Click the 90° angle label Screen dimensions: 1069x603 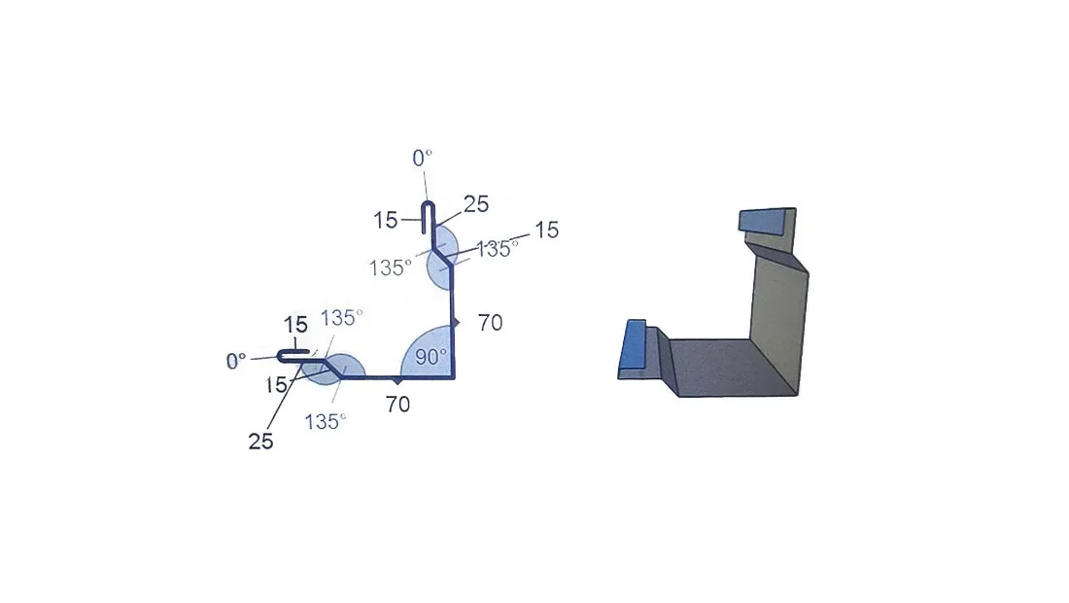[431, 357]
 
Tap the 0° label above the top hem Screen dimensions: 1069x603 [422, 159]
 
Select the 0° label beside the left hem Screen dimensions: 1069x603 [236, 361]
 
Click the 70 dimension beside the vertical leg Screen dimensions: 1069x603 [490, 322]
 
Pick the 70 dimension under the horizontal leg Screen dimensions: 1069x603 [397, 405]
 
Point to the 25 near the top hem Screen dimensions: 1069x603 [476, 204]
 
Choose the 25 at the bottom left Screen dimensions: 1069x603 [260, 442]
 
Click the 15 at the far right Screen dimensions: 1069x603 [546, 230]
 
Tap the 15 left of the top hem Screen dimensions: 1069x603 [385, 220]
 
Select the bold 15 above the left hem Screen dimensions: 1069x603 [295, 324]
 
